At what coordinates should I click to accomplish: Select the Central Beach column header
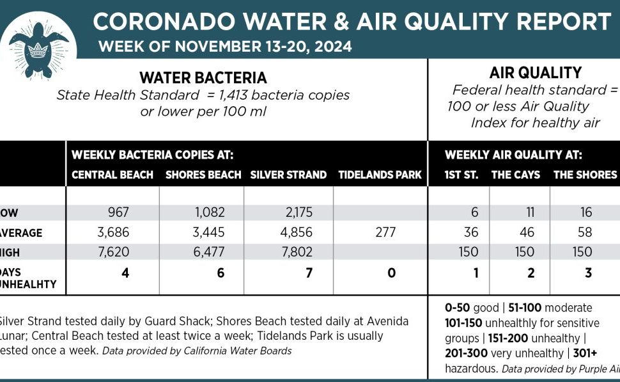[x=112, y=175]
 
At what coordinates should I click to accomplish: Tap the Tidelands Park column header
[x=380, y=175]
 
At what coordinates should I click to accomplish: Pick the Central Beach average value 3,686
[x=112, y=233]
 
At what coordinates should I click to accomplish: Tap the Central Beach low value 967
[x=112, y=212]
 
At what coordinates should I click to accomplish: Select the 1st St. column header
[x=461, y=175]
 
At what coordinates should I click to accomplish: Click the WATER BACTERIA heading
[x=203, y=78]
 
